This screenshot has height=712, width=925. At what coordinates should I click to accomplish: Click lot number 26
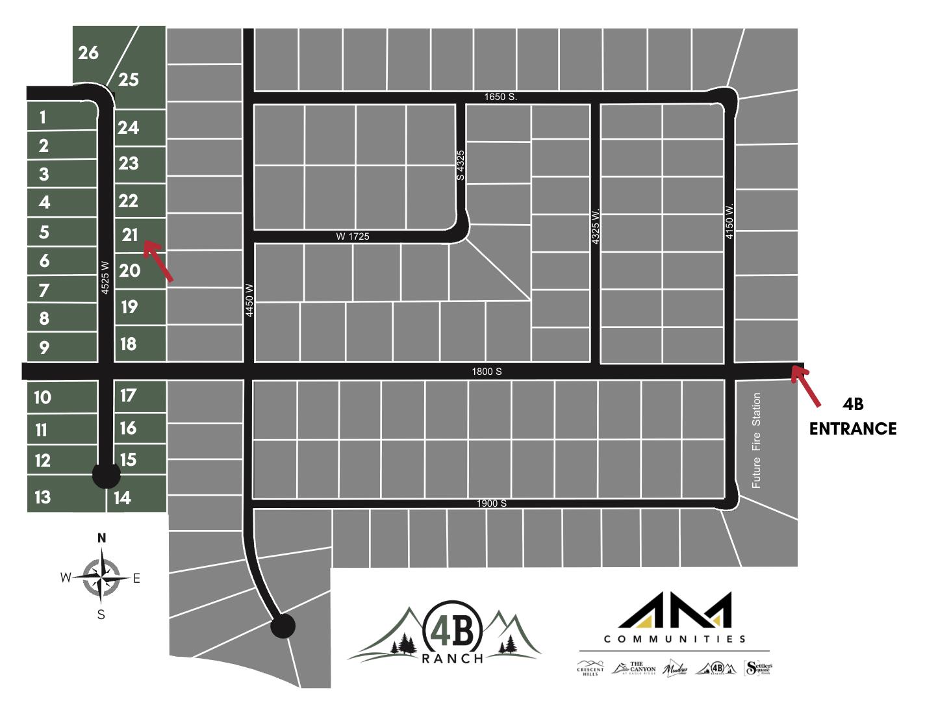pos(88,53)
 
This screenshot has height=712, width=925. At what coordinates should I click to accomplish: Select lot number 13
pos(42,498)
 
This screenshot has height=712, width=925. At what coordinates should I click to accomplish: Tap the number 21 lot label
pos(130,235)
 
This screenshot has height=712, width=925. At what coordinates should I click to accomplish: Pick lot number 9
pos(44,348)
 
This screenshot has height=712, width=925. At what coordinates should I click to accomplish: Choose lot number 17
pos(128,395)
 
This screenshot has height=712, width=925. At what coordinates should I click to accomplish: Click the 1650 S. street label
pos(500,97)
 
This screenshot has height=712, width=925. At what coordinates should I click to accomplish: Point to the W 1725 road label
pos(353,236)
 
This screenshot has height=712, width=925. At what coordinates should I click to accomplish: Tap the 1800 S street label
pos(487,372)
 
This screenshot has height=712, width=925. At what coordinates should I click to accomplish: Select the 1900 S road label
pos(492,503)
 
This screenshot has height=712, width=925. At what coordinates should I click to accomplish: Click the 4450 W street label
pos(249,300)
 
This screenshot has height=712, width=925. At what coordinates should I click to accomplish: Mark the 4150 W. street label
pos(729,221)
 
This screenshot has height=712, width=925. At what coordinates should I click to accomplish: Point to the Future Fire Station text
pos(756,440)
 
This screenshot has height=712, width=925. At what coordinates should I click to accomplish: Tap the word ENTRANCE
pos(852,429)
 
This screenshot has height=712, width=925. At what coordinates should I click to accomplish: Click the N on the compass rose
pos(101,538)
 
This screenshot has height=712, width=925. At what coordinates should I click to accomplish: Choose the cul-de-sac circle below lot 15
pos(107,475)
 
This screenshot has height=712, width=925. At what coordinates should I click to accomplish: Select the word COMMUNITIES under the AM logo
pos(675,639)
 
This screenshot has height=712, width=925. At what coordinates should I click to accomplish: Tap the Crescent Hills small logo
pos(590,668)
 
